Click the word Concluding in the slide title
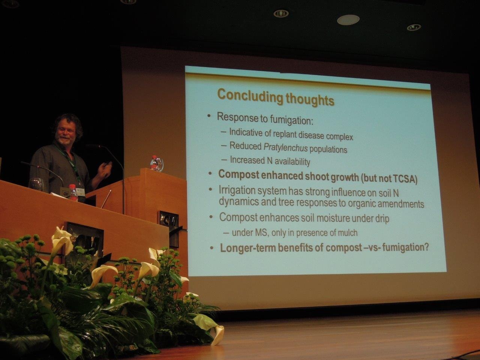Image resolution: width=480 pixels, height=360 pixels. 249,96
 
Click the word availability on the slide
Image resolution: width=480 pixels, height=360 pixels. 292,162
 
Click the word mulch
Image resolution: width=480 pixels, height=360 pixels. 347,233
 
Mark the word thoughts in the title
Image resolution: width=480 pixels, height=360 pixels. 310,99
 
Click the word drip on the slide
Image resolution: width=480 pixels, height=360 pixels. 382,219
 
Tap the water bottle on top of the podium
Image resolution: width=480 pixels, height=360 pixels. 154,163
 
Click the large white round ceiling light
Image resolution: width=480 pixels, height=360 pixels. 348,20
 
